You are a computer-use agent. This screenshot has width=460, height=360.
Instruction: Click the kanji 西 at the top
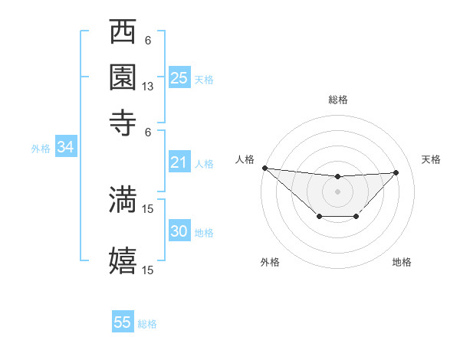click(123, 33)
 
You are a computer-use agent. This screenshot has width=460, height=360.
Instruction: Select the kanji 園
click(123, 77)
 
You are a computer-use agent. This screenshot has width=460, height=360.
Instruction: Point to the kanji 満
click(123, 199)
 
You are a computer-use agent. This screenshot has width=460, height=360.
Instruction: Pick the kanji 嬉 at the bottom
click(123, 260)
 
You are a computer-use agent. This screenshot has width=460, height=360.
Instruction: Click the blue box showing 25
click(179, 78)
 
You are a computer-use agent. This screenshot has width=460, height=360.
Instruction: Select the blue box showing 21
click(179, 162)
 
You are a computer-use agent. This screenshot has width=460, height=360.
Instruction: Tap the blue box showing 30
click(179, 231)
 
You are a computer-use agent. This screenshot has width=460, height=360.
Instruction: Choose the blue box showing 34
click(65, 148)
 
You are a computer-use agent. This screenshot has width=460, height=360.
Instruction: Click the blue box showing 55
click(123, 322)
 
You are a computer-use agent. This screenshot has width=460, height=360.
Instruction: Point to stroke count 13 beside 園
click(148, 87)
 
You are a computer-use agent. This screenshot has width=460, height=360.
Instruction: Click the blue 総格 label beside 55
click(147, 324)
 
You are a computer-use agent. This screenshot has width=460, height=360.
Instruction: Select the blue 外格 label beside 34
click(41, 149)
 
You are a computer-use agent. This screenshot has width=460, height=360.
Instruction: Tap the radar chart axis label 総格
click(337, 100)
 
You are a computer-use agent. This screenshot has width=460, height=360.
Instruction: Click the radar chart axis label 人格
click(245, 159)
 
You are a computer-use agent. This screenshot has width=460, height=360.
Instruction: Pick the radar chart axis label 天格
click(431, 159)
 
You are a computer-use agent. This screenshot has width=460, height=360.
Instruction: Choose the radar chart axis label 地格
click(402, 263)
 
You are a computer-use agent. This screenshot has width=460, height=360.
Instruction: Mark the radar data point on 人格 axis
click(264, 168)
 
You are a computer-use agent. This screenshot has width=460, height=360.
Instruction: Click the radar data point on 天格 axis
click(396, 172)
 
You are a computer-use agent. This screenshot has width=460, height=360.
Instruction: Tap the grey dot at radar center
click(337, 191)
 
